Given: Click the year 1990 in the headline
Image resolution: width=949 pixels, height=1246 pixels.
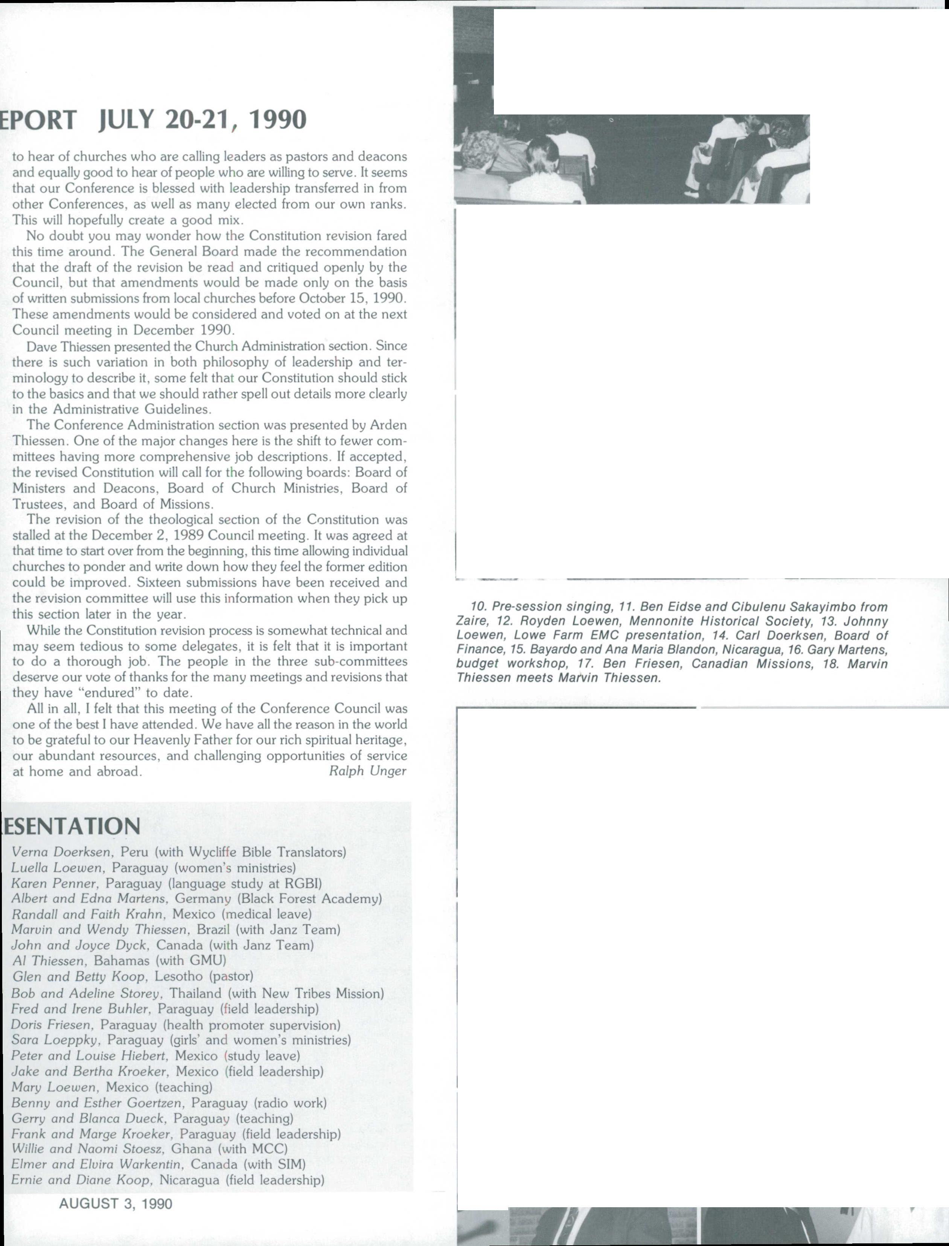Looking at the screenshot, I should [277, 120].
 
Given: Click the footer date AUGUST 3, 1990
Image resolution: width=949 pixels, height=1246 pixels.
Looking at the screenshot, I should [116, 1203].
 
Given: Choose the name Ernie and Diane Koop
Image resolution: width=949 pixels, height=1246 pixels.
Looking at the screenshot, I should [81, 1180].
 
